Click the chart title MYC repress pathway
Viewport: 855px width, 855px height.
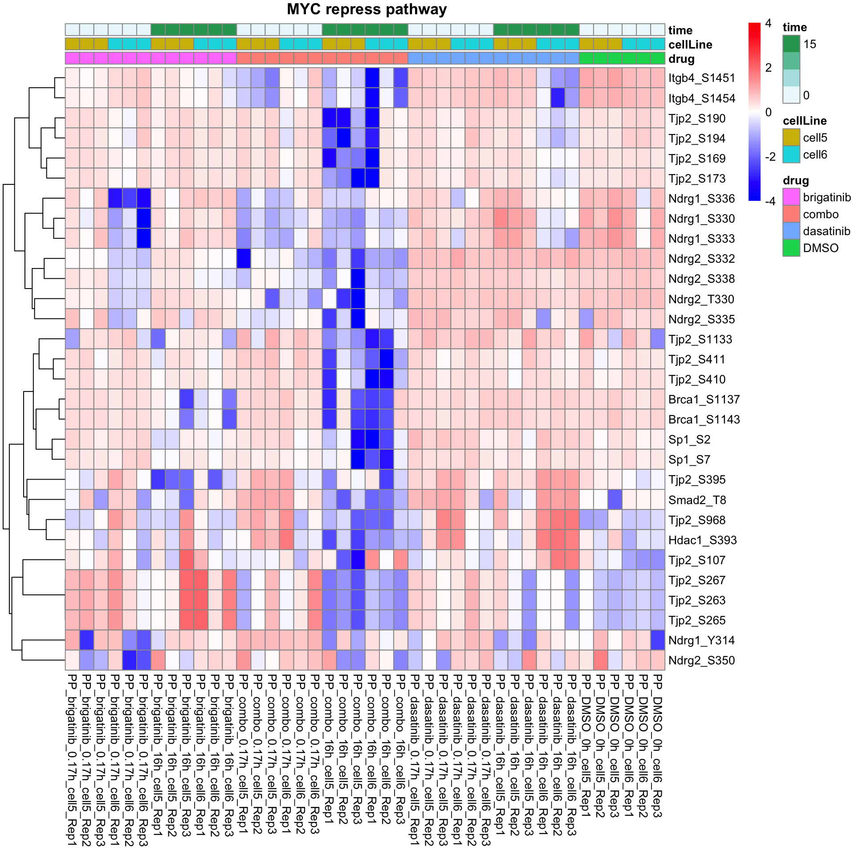pyautogui.click(x=366, y=9)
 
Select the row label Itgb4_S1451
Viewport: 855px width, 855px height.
pyautogui.click(x=701, y=78)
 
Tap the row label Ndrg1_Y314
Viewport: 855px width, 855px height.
pyautogui.click(x=701, y=640)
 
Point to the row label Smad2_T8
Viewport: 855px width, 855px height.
pyautogui.click(x=697, y=500)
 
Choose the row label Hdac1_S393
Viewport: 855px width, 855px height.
pyautogui.click(x=702, y=540)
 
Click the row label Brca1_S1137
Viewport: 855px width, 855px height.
pyautogui.click(x=704, y=399)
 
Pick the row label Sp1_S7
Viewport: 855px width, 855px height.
pyautogui.click(x=689, y=460)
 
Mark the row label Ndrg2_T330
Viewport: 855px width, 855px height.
pyautogui.click(x=701, y=299)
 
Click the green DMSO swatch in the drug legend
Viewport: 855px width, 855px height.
pyautogui.click(x=791, y=248)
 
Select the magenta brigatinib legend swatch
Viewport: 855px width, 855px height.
pyautogui.click(x=791, y=197)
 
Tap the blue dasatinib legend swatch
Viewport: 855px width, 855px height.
pyautogui.click(x=791, y=231)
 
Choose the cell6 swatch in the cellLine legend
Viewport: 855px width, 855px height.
pyautogui.click(x=791, y=155)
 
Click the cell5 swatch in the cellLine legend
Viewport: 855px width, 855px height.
pyautogui.click(x=791, y=138)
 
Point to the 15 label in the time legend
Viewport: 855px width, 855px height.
pyautogui.click(x=810, y=44)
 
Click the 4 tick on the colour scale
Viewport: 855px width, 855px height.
pyautogui.click(x=768, y=23)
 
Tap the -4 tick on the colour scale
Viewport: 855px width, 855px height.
pyautogui.click(x=770, y=201)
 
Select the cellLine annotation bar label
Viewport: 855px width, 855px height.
pyautogui.click(x=690, y=45)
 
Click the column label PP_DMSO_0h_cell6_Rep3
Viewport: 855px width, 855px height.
pyautogui.click(x=657, y=746)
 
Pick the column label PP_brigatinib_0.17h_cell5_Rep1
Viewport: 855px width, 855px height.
pyautogui.click(x=72, y=759)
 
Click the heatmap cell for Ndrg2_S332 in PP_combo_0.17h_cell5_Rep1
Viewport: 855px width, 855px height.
pyautogui.click(x=244, y=259)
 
